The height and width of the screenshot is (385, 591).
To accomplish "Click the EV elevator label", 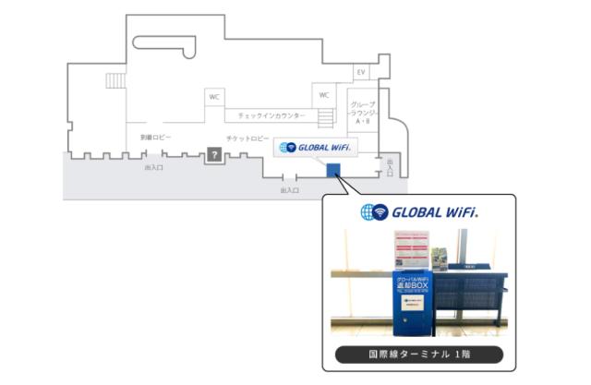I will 361,72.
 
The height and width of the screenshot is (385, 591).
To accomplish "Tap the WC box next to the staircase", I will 324,95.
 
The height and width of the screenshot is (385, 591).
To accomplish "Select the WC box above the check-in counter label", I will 214,97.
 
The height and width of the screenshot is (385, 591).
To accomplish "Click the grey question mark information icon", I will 213,155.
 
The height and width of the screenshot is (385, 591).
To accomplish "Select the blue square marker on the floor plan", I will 333,168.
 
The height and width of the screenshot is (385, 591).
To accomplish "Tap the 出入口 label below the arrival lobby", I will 154,169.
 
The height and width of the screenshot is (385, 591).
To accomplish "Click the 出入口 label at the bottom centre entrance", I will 289,190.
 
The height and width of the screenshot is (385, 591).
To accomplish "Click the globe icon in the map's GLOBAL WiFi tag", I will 290,147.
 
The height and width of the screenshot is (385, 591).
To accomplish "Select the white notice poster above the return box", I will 409,250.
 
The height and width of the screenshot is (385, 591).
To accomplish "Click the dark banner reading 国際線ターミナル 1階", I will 418,354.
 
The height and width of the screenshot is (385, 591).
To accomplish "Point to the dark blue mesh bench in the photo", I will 470,295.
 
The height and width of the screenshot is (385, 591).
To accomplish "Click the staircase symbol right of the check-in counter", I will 325,118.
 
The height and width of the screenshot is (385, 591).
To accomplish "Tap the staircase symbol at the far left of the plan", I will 115,81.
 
